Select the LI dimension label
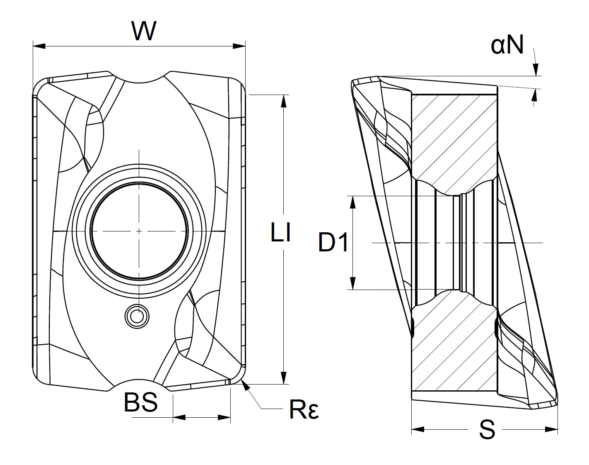click(280, 233)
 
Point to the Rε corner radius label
click(304, 410)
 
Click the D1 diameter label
click(334, 243)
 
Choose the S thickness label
click(487, 430)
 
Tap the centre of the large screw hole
click(140, 231)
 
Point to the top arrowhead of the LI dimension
click(284, 101)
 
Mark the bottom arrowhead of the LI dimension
click(284, 378)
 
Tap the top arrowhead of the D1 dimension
click(353, 202)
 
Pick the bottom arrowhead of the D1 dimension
click(353, 283)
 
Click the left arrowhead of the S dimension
click(418, 428)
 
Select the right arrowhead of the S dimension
click(552, 428)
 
